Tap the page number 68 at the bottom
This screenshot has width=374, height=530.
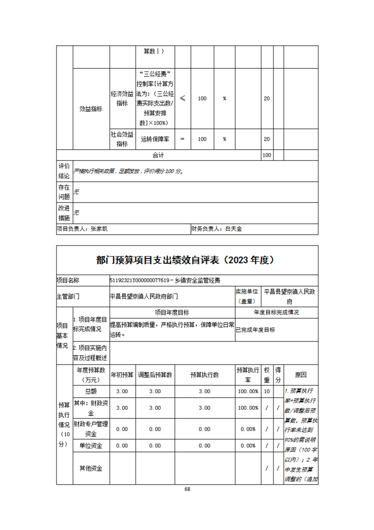pyautogui.click(x=187, y=489)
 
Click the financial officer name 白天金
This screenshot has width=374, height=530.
pyautogui.click(x=233, y=229)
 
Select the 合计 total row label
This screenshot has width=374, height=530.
pyautogui.click(x=158, y=155)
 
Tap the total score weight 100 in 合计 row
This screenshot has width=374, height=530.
pyautogui.click(x=266, y=155)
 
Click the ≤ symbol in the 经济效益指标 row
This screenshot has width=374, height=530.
pyautogui.click(x=183, y=99)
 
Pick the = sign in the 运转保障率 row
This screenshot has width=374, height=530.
pyautogui.click(x=183, y=139)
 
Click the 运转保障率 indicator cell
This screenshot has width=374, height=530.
pyautogui.click(x=155, y=139)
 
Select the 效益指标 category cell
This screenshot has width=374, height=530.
pyautogui.click(x=91, y=109)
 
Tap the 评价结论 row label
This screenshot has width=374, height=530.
pyautogui.click(x=64, y=171)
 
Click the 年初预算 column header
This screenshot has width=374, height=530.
pyautogui.click(x=122, y=375)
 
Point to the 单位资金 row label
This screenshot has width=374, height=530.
pyautogui.click(x=91, y=445)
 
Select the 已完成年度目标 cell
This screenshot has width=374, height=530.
pyautogui.click(x=256, y=330)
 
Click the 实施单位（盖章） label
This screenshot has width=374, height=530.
pyautogui.click(x=248, y=296)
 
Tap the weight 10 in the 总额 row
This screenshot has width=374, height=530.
pyautogui.click(x=267, y=392)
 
